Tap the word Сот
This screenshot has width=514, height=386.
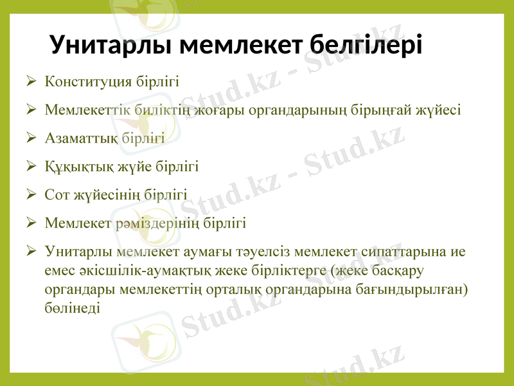click(57, 194)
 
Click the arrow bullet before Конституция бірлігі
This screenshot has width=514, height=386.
click(31, 82)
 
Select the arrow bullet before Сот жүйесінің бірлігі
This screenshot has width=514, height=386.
click(31, 194)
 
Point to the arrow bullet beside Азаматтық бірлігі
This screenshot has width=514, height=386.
click(31, 138)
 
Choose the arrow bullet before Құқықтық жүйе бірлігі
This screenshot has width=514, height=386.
click(31, 167)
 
